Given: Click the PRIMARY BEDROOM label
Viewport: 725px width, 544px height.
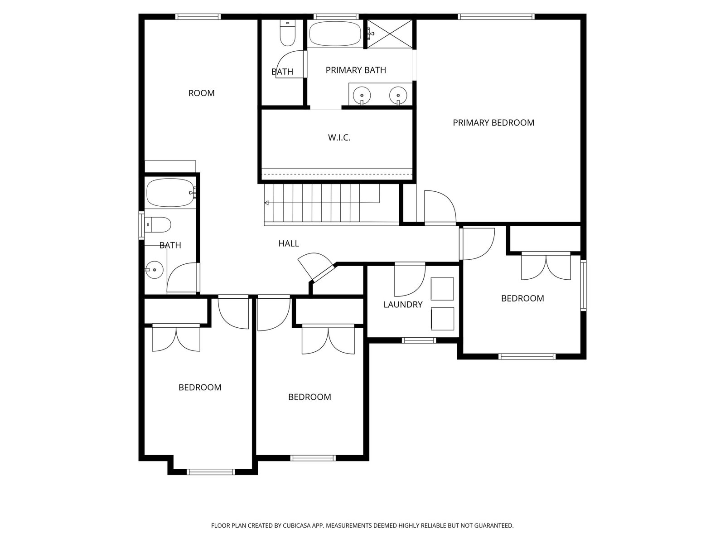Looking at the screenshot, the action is (x=493, y=123).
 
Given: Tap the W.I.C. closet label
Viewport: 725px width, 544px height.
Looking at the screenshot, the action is (x=339, y=137).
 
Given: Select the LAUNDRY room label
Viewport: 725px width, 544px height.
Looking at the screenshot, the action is (x=403, y=305).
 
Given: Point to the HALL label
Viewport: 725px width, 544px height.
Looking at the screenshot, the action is (x=289, y=244).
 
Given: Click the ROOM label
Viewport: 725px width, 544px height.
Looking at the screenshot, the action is (x=202, y=93).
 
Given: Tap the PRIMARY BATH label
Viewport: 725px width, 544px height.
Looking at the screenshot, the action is (x=356, y=70).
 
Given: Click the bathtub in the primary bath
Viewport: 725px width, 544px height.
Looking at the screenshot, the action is (x=335, y=34).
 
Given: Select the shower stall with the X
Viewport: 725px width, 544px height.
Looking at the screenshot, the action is (x=390, y=34).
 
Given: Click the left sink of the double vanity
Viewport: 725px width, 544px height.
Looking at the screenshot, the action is (x=362, y=96).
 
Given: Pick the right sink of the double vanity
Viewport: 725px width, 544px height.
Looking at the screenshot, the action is (x=398, y=96).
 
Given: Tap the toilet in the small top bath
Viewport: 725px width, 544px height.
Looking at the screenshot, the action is (x=287, y=33).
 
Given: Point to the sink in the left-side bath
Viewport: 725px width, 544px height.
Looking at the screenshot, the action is (x=154, y=270).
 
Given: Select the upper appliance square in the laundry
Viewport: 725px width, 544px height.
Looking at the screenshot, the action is (x=442, y=289).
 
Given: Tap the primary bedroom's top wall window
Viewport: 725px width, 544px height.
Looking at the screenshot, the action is (x=496, y=16).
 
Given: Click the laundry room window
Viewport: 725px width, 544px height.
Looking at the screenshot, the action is (x=419, y=340).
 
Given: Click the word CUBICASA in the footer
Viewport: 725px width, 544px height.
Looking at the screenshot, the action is (x=297, y=525).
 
